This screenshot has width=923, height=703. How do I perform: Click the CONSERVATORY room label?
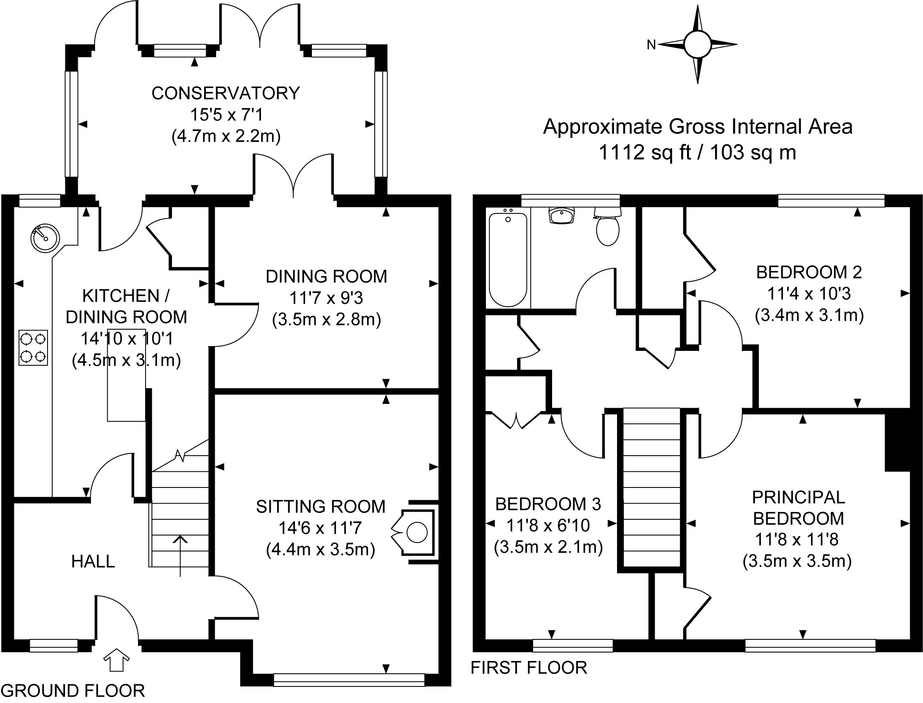(x=226, y=93)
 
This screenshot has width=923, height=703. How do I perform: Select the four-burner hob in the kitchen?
(x=33, y=347)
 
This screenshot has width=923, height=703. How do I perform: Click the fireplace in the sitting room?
(x=414, y=532)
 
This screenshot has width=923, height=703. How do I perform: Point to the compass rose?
(x=698, y=44)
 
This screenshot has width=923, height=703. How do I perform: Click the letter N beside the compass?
(x=651, y=45)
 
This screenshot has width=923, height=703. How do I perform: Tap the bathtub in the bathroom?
(x=508, y=260)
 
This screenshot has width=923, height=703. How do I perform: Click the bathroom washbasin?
(x=562, y=215)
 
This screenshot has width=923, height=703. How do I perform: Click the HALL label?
(x=93, y=561)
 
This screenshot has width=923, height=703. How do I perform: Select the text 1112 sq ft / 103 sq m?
(x=697, y=152)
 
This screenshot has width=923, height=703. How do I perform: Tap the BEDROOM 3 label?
(x=548, y=504)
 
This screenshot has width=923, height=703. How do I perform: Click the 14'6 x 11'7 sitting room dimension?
(x=320, y=528)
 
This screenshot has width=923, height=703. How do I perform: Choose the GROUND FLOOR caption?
(x=73, y=691)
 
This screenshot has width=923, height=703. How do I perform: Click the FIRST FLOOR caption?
(x=529, y=667)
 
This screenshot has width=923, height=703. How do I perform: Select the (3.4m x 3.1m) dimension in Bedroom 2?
(x=809, y=315)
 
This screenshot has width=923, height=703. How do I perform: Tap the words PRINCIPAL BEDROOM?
(x=798, y=507)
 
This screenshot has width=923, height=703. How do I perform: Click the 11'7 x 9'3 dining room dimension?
(x=326, y=298)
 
